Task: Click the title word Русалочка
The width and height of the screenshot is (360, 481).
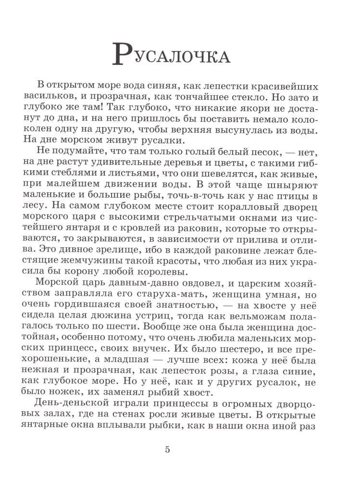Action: tap(171, 54)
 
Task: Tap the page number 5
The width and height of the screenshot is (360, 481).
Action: tap(167, 450)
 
